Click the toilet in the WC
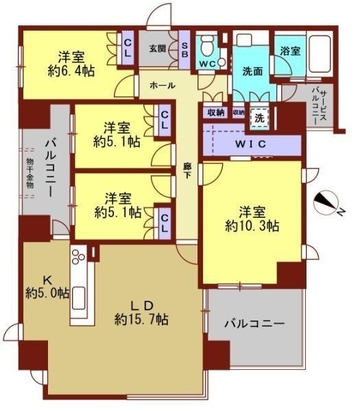[208, 46]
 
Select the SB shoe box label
[184, 50]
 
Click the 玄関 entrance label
[158, 49]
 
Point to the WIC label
[250, 144]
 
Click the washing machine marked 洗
[259, 119]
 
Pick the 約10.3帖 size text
[252, 227]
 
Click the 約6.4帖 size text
[71, 71]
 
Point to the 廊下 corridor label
[187, 171]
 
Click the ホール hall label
[162, 85]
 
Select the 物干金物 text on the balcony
[30, 173]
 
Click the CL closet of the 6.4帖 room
[128, 48]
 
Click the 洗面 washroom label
[252, 71]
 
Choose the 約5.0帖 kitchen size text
[47, 292]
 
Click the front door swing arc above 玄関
[159, 14]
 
